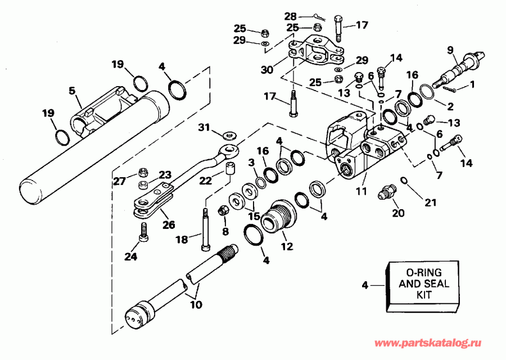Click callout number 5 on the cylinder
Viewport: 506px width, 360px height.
coord(72,89)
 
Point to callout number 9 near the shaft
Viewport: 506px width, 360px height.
coord(450,49)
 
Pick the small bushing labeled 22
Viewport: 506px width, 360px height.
coord(229,169)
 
